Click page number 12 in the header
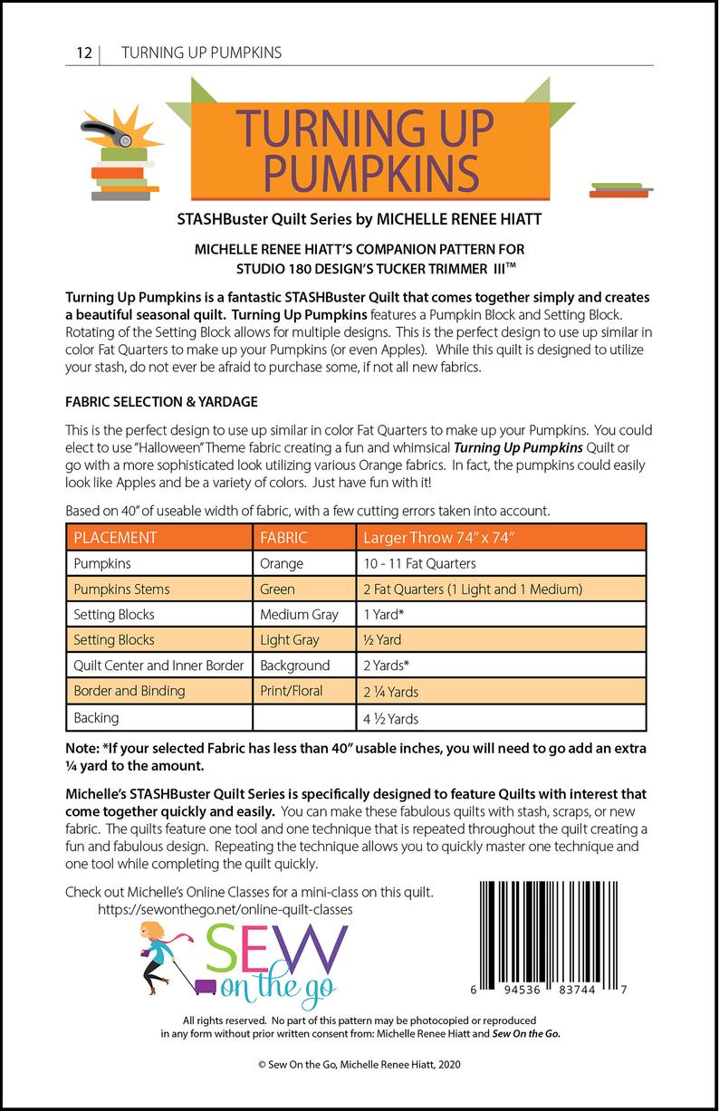click(x=82, y=53)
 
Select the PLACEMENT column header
click(x=115, y=537)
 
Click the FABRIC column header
click(x=283, y=537)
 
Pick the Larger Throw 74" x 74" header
click(x=439, y=537)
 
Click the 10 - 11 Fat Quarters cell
click(x=419, y=563)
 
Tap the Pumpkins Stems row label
click(x=121, y=589)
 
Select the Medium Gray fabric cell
click(x=299, y=614)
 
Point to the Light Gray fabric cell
click(x=289, y=639)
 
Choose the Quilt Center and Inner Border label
click(x=158, y=666)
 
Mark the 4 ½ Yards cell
click(x=391, y=719)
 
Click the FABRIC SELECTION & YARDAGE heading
click(x=162, y=400)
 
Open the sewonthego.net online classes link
click(x=225, y=908)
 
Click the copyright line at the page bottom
click(x=359, y=1068)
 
